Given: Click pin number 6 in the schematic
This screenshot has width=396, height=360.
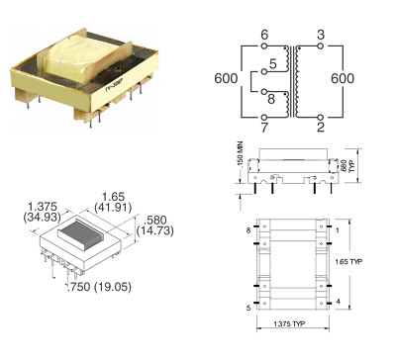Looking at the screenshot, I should (264, 35).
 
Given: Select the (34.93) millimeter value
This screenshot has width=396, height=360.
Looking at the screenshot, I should (40, 214).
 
